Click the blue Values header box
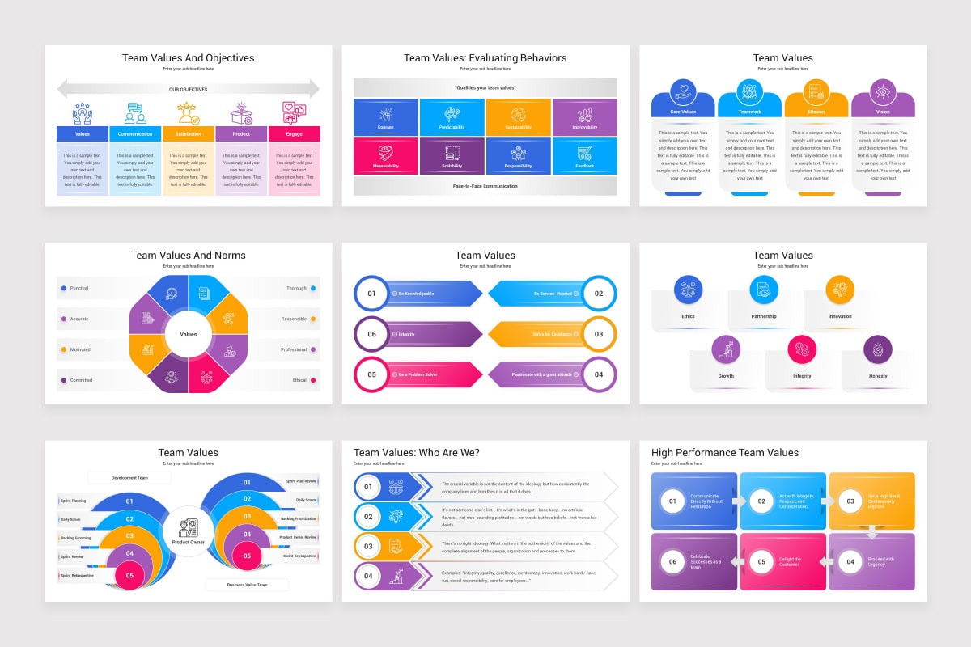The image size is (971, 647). coord(82,133)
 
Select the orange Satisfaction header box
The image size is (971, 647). coord(188,133)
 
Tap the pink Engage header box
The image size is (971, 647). coord(294,133)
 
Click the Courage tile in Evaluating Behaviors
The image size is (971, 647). coord(386,117)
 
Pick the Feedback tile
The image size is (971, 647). coord(584,156)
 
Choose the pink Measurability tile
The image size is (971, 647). coord(386,156)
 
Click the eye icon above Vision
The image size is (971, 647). coord(883,91)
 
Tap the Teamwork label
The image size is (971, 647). coord(750,112)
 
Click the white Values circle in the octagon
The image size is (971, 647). coord(188,334)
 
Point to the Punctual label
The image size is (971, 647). coord(79,288)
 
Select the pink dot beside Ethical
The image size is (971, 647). coord(313,380)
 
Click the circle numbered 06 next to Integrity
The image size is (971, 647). coord(371,334)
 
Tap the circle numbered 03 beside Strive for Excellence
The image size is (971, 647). coord(599,334)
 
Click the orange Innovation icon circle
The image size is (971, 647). coord(840,290)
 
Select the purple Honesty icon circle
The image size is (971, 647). coord(878,349)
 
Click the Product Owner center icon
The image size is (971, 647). coord(188,527)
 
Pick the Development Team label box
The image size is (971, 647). coord(129,478)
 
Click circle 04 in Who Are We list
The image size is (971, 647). coord(368,576)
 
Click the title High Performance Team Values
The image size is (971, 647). coord(725,452)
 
